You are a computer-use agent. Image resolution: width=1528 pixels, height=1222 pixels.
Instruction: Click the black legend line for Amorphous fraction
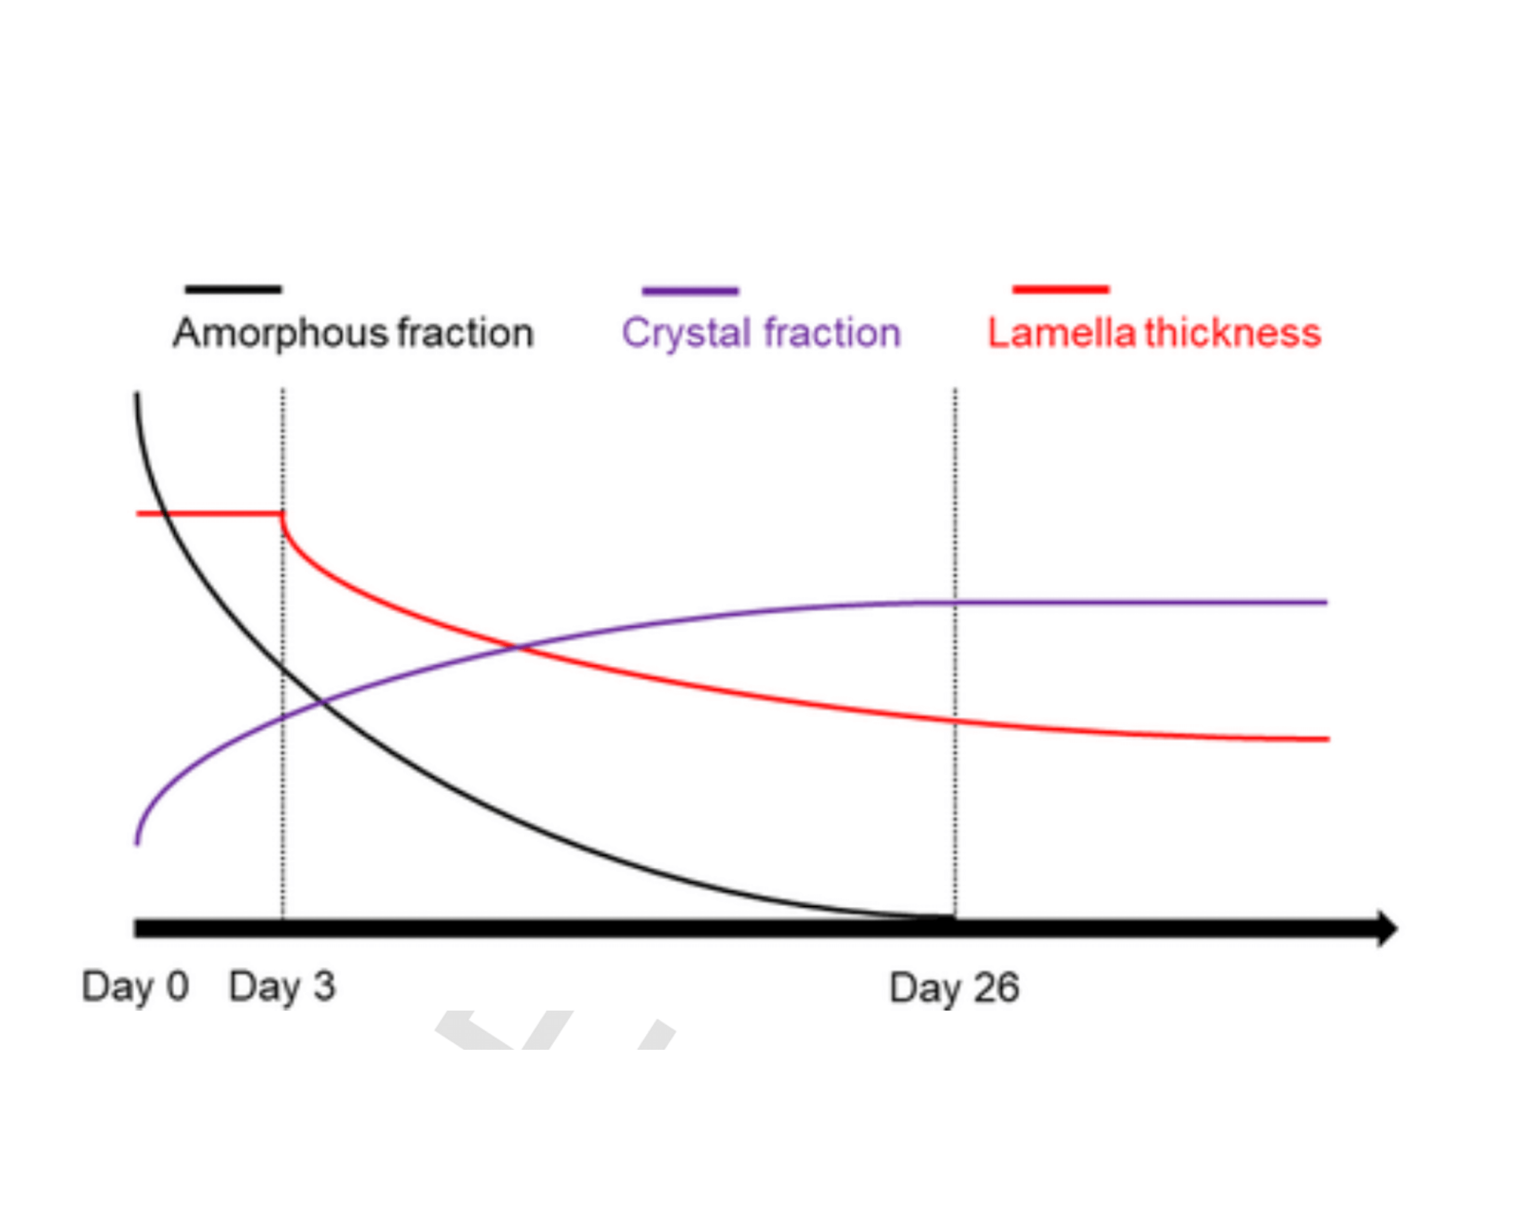[233, 289]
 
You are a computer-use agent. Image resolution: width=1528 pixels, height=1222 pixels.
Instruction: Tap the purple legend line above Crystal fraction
[690, 291]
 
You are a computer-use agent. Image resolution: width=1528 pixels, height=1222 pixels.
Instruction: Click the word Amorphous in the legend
[280, 333]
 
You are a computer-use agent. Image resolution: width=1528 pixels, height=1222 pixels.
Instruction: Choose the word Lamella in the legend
[1062, 333]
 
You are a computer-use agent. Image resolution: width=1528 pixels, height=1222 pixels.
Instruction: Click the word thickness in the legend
[1233, 333]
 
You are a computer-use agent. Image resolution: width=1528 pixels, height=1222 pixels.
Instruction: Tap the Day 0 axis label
[135, 987]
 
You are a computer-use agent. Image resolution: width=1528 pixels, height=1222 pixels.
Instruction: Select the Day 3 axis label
[282, 987]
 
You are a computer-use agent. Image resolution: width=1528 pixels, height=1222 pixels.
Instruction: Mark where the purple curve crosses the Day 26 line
[955, 603]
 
